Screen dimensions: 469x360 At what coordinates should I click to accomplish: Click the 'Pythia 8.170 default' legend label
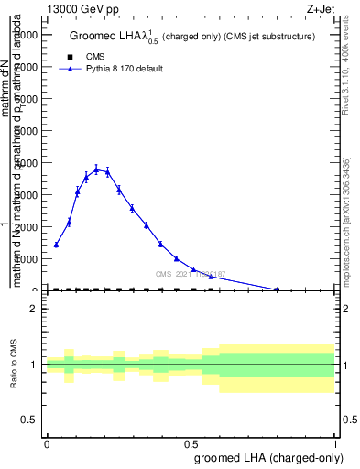coord(124,69)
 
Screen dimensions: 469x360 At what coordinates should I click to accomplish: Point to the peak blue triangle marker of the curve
coord(96,169)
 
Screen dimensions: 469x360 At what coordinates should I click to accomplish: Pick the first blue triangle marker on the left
coord(56,245)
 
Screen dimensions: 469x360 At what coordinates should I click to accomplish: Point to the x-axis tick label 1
coord(335,443)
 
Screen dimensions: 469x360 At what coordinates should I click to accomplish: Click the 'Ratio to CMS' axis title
coord(14,365)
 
